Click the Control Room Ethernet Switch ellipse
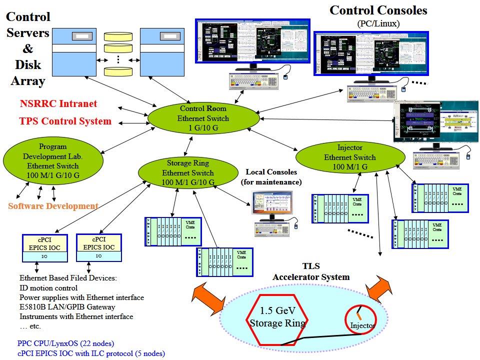point(204,118)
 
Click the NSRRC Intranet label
point(58,104)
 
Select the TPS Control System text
point(65,121)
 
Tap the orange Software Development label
point(53,206)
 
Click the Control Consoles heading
point(378,9)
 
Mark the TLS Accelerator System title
point(310,272)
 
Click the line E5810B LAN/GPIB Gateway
point(67,307)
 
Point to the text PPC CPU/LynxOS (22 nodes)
point(65,343)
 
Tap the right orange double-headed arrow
point(380,289)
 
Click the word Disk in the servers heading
point(28,64)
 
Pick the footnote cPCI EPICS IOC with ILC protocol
point(90,353)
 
